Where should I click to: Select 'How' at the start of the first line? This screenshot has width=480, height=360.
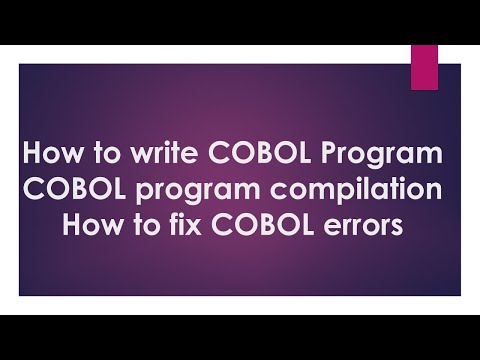[47, 156]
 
